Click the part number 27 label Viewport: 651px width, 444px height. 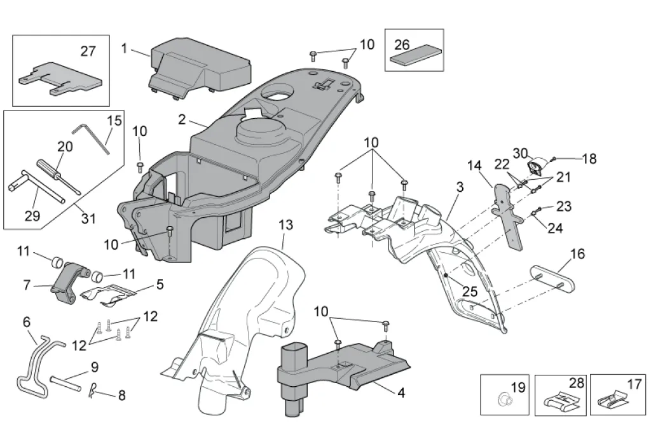coord(88,51)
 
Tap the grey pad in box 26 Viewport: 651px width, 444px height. coord(414,58)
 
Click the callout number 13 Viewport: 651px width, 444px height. coord(286,225)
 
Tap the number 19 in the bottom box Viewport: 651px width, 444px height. coord(518,387)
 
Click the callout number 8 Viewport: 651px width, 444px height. coord(121,396)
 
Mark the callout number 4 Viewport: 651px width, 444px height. coord(401,393)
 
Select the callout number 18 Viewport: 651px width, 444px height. coord(589,159)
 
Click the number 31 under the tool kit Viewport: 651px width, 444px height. coord(88,219)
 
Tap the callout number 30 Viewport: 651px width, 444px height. coord(521,153)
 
